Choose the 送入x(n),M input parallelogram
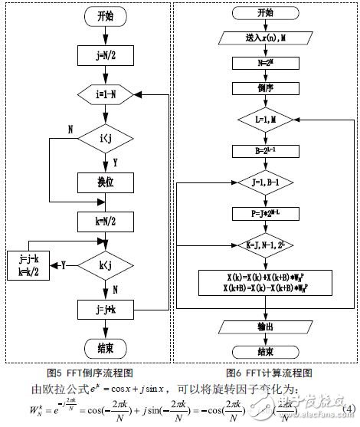tap(264, 38)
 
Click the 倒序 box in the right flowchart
tap(264, 88)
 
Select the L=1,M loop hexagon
tap(264, 120)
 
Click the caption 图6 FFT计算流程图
tap(265, 375)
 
